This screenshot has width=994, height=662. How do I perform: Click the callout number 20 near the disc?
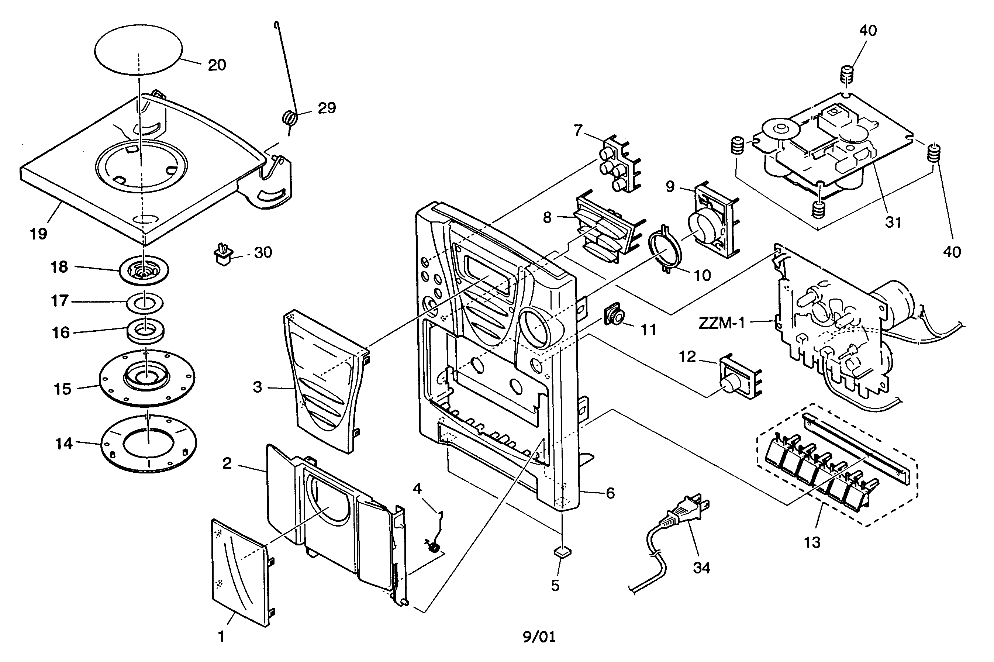pos(217,65)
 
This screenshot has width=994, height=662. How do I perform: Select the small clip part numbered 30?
pos(224,255)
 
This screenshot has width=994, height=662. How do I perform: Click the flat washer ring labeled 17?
pos(145,303)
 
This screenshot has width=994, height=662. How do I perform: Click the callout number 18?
pos(59,267)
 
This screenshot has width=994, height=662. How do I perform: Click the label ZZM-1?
pos(721,323)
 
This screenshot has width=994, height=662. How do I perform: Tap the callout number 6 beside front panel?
pos(610,493)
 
